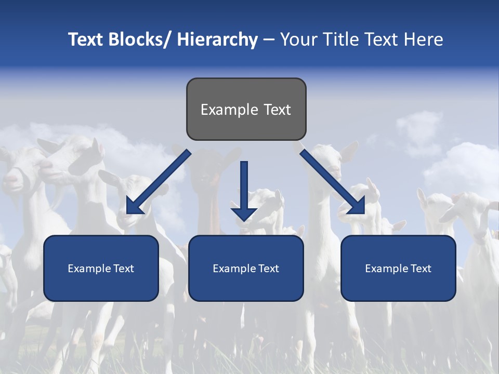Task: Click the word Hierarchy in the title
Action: [x=217, y=39]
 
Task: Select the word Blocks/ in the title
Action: [x=138, y=39]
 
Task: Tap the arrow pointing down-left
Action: [x=159, y=182]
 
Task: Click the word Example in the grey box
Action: [x=222, y=110]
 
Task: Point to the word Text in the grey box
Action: [x=277, y=110]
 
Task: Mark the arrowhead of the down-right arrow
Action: [x=356, y=205]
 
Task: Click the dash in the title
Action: [x=269, y=39]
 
